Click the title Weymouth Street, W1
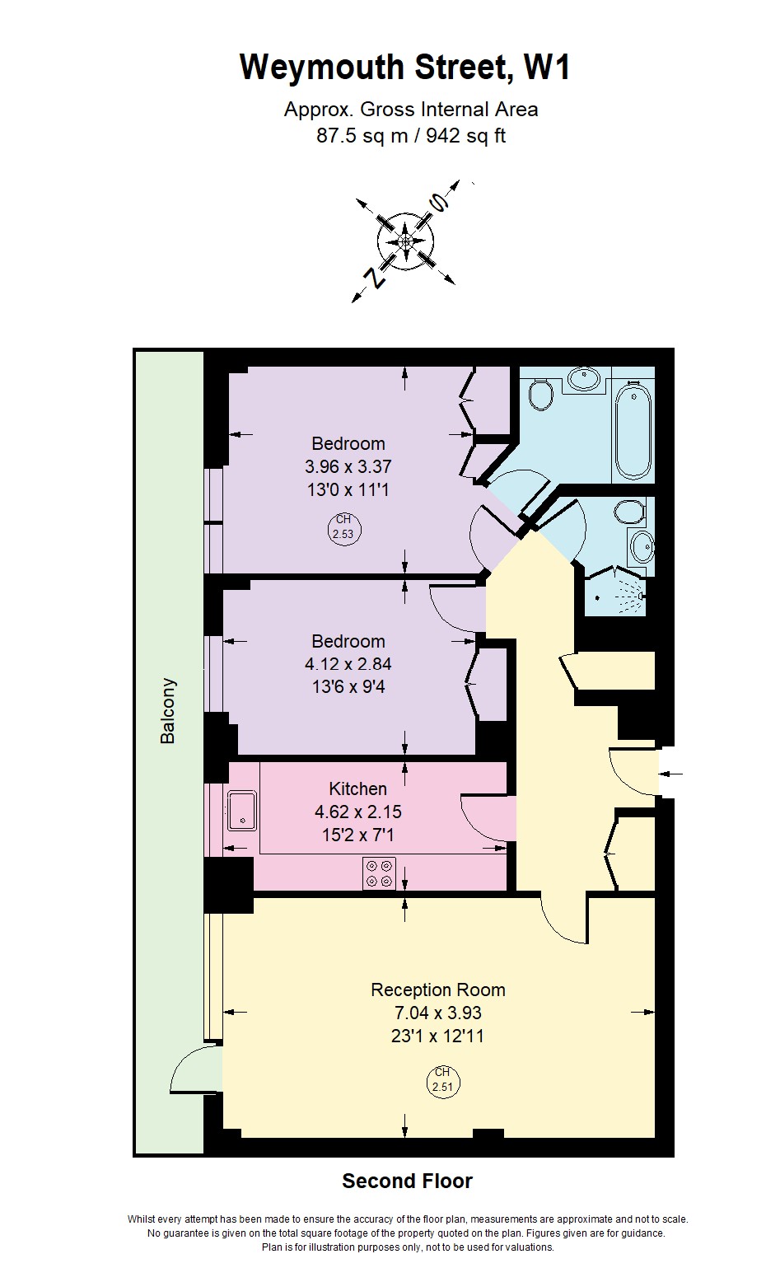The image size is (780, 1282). tap(405, 68)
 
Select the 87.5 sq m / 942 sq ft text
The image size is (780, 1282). tap(411, 136)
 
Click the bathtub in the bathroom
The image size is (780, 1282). tap(633, 429)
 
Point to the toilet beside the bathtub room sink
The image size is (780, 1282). tap(541, 395)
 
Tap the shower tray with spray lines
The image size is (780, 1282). tap(619, 592)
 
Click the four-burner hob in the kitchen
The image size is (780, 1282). tap(379, 873)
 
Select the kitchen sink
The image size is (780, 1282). tap(241, 809)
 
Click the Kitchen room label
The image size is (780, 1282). tap(357, 788)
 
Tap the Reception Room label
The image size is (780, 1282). tap(437, 990)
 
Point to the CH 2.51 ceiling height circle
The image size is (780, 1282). tap(442, 1079)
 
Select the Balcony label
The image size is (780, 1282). tap(168, 711)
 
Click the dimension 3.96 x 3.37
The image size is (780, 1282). tap(347, 466)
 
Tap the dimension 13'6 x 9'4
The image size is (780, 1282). tap(347, 685)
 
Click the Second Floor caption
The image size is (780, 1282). tap(407, 1181)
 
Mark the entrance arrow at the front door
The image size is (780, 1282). tap(671, 774)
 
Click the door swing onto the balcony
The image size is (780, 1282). tap(195, 1069)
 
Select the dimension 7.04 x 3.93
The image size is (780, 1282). tap(437, 1013)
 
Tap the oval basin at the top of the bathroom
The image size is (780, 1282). tap(585, 378)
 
